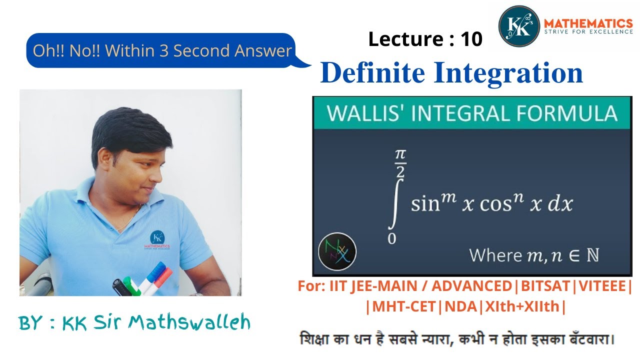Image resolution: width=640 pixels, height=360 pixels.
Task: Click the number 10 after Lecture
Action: (x=471, y=39)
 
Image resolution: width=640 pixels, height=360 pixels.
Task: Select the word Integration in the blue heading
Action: (x=508, y=73)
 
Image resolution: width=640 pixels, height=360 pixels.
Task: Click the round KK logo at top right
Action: (x=519, y=26)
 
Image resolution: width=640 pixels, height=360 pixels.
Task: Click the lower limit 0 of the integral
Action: (x=391, y=239)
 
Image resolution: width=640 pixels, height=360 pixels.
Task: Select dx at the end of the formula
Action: (x=558, y=204)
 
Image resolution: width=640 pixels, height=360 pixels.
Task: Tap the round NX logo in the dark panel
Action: (x=337, y=251)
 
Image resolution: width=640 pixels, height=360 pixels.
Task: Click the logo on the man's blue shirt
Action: (x=158, y=240)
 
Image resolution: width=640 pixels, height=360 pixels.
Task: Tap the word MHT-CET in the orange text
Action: (x=403, y=306)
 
